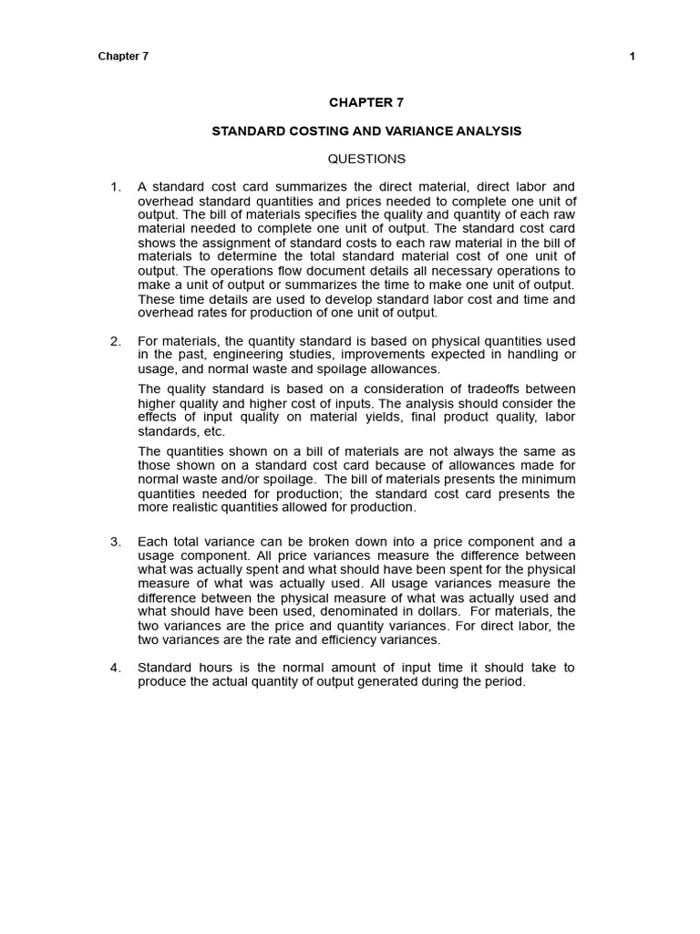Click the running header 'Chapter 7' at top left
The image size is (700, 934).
pos(123,56)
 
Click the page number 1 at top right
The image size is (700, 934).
pos(632,56)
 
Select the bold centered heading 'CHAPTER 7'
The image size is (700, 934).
pos(365,103)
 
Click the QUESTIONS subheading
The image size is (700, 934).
pos(366,159)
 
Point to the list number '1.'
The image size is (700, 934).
pos(116,187)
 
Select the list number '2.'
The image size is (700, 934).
pos(116,341)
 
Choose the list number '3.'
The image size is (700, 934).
pos(116,542)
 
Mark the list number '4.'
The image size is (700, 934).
pos(116,668)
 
